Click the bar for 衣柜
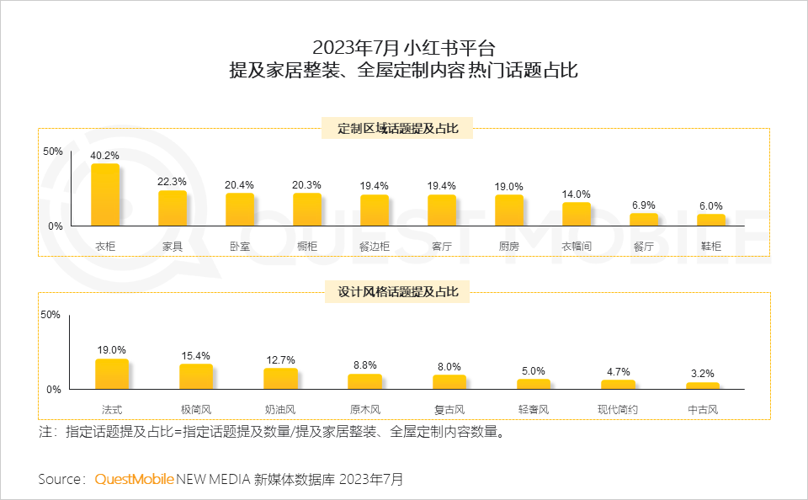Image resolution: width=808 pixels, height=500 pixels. [x=105, y=194]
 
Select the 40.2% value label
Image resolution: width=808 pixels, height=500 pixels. [x=105, y=156]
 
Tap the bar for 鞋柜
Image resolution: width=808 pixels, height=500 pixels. [x=711, y=220]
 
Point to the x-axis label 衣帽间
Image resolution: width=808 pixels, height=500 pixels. [x=577, y=247]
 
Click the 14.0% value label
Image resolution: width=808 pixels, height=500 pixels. [x=577, y=194]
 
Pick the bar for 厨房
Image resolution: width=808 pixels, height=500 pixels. [x=509, y=210]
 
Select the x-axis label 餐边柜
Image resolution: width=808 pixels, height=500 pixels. [x=375, y=247]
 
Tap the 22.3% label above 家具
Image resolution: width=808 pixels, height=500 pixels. [x=173, y=182]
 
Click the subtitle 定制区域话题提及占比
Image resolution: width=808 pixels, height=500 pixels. [x=398, y=129]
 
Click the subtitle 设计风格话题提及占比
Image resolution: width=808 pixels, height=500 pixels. [x=398, y=292]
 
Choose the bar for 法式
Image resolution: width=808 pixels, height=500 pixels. [x=112, y=374]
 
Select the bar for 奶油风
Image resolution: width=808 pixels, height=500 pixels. [x=280, y=379]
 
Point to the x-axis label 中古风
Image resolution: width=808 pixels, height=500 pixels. [x=702, y=410]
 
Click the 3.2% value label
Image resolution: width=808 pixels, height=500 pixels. [x=702, y=374]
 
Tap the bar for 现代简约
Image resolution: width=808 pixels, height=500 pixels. [x=618, y=385]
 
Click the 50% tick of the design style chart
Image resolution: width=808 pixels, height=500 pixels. [x=50, y=315]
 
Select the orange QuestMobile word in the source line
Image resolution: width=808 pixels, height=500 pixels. [x=134, y=479]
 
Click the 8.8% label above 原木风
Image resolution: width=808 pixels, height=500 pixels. [x=364, y=365]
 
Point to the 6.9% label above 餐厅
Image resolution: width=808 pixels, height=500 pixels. [x=644, y=205]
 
